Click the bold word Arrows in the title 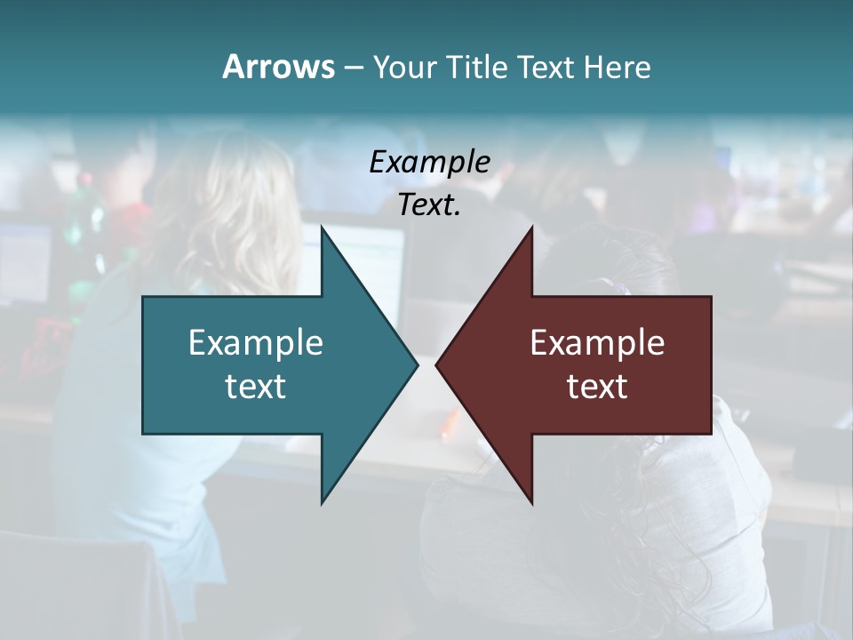coord(278,67)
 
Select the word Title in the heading coord(481,68)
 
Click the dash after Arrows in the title coord(353,68)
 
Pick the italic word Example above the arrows coord(429,162)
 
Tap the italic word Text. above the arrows coord(429,204)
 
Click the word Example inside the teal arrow coord(256,343)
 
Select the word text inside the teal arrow coord(256,387)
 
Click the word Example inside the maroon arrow coord(597,343)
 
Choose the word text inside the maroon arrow coord(597,387)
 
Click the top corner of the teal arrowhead coord(323,228)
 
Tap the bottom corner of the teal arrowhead coord(323,502)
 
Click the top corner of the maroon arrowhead coord(531,228)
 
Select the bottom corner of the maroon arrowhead coord(531,502)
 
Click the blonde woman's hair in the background coord(231,204)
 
